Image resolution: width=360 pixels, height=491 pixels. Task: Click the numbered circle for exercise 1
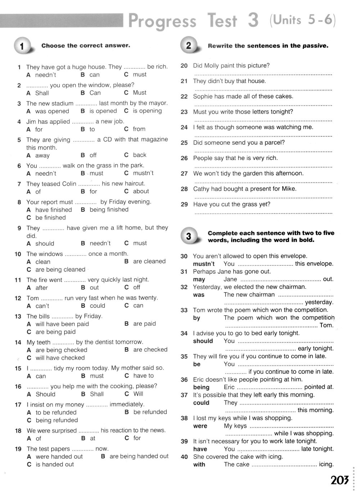click(x=22, y=46)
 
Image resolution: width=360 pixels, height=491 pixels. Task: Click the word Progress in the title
click(x=162, y=21)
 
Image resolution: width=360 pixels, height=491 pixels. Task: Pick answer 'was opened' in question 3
click(x=52, y=111)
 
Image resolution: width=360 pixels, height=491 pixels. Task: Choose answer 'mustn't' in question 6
click(x=143, y=173)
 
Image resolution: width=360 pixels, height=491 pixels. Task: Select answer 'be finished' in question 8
click(x=50, y=218)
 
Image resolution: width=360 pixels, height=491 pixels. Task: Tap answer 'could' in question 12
click(x=97, y=306)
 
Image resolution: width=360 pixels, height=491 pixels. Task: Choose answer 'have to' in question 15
click(x=143, y=376)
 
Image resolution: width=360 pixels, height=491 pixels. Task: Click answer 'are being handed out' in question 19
click(x=139, y=456)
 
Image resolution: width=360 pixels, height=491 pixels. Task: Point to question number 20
click(x=184, y=66)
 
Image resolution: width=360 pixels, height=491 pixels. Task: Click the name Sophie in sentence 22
click(x=203, y=96)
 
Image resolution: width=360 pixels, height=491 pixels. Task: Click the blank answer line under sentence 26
click(x=263, y=167)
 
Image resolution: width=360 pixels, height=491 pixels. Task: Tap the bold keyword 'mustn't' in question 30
click(x=204, y=264)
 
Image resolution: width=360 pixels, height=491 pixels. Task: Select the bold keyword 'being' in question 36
click(x=201, y=387)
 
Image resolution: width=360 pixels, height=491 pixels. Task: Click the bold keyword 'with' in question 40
click(x=199, y=464)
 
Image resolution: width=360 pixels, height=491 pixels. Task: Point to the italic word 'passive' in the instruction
click(x=315, y=46)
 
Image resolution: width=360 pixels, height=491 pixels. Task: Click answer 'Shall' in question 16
click(x=96, y=394)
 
